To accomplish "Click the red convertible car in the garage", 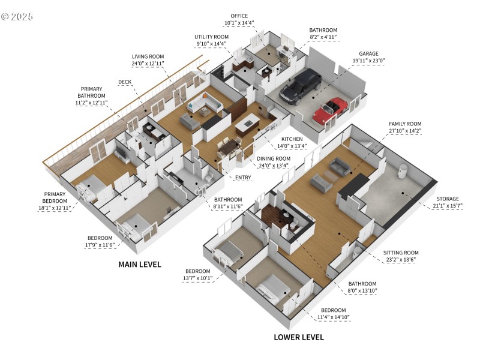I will point(328,111).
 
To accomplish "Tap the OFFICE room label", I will point(239,16).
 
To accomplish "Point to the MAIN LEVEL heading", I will point(139,264).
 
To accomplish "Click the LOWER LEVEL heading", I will point(299,337).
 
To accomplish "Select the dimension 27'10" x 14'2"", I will point(405,130).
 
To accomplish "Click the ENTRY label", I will point(243,178).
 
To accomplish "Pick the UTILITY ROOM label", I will point(211,37).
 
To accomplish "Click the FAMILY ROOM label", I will point(405,123).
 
